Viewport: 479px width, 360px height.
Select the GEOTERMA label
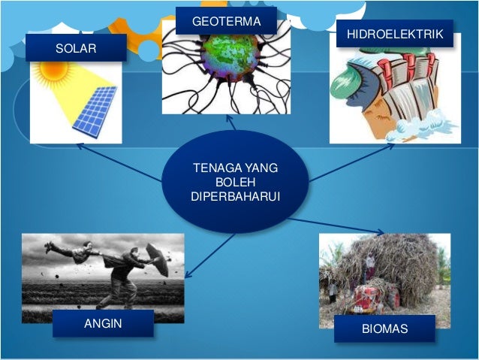[x=226, y=21]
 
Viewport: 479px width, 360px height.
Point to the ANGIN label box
[x=103, y=324]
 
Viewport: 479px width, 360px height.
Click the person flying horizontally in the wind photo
[x=71, y=250]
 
